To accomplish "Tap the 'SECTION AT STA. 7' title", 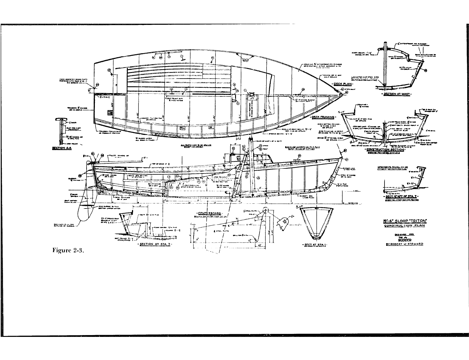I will pos(155,244).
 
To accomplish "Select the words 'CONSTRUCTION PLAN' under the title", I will pos(403,225).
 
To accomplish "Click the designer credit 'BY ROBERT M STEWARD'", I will pos(403,244).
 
